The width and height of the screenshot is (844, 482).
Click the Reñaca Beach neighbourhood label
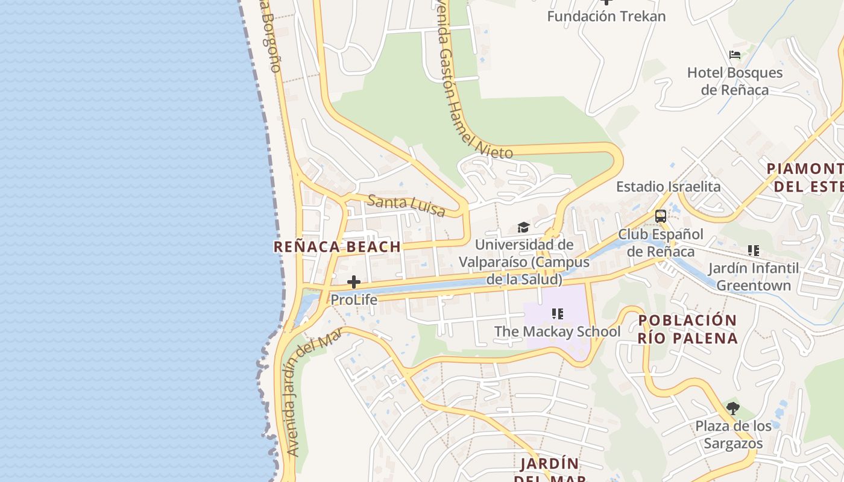337,246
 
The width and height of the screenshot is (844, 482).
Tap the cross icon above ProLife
354,281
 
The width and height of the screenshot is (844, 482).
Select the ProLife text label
354,299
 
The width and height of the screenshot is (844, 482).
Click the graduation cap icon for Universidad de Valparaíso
523,228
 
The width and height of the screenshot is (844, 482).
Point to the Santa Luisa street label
406,205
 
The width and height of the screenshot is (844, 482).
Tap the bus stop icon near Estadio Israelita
661,216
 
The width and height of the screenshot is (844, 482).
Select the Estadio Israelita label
668,187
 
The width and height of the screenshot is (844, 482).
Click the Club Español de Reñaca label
661,243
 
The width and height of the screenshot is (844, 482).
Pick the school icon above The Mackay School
558,314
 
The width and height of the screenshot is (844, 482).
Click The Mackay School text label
557,331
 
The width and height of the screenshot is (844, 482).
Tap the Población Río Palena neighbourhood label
688,329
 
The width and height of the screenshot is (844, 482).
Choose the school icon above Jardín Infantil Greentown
753,250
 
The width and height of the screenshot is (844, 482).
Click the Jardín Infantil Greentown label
753,277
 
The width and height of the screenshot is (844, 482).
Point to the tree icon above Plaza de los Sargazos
733,408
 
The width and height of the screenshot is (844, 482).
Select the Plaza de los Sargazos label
733,435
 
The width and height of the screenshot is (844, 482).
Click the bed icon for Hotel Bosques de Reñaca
735,55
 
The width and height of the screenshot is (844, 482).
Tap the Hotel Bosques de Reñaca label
735,81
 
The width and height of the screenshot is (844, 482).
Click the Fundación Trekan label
606,16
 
